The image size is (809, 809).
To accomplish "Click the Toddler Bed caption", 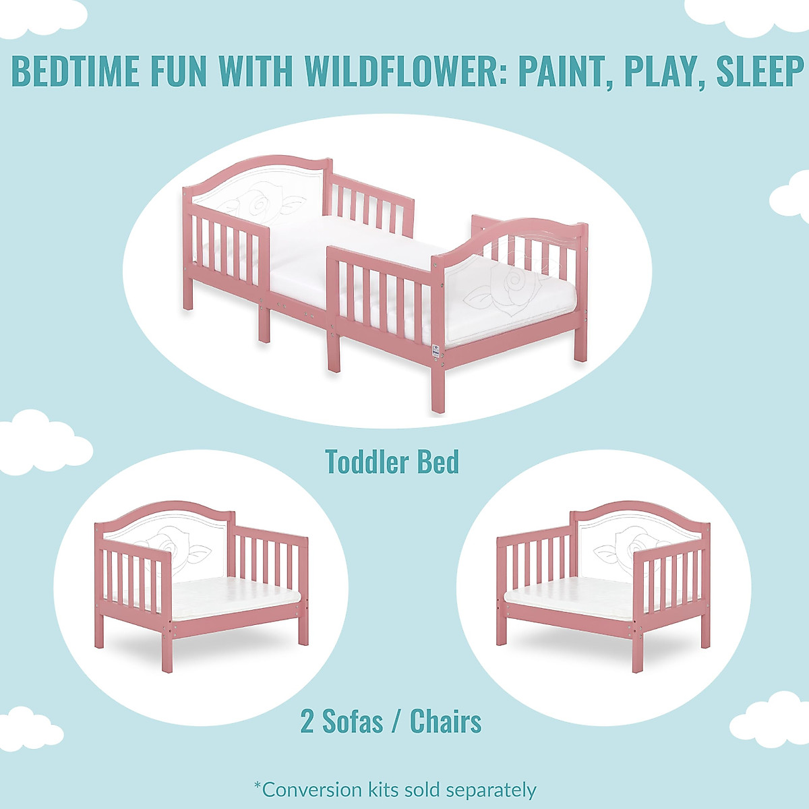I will click(392, 462).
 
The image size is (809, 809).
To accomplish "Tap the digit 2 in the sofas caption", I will click(307, 721).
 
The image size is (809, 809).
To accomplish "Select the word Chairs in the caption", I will click(446, 721).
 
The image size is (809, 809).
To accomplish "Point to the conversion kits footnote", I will click(395, 789).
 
